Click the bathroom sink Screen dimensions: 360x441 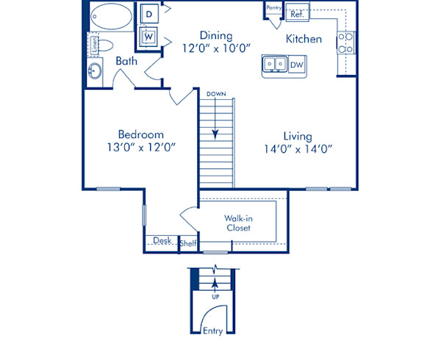[x=96, y=72]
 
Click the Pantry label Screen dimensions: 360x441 [x=273, y=7]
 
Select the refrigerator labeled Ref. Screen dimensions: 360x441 [x=298, y=13]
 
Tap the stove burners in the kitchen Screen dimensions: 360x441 [x=345, y=43]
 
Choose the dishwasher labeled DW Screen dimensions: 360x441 [x=295, y=65]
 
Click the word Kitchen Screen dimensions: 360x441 [x=304, y=38]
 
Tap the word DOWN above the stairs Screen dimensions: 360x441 [x=215, y=94]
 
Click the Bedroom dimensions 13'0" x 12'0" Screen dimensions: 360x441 [x=141, y=147]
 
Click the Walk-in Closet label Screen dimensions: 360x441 [x=238, y=223]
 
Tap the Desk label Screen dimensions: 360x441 [x=161, y=241]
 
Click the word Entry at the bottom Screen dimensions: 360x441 [x=212, y=331]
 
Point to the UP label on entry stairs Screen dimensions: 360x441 [x=215, y=296]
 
